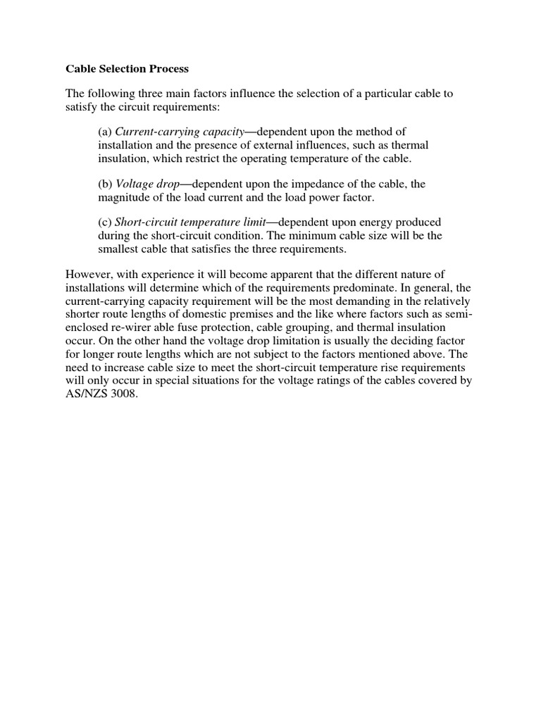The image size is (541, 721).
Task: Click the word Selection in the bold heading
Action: click(123, 69)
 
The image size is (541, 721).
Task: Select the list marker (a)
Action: click(105, 132)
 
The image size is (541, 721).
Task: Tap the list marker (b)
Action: click(105, 183)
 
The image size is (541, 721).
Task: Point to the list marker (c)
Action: click(105, 222)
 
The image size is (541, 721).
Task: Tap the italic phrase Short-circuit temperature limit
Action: click(189, 222)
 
